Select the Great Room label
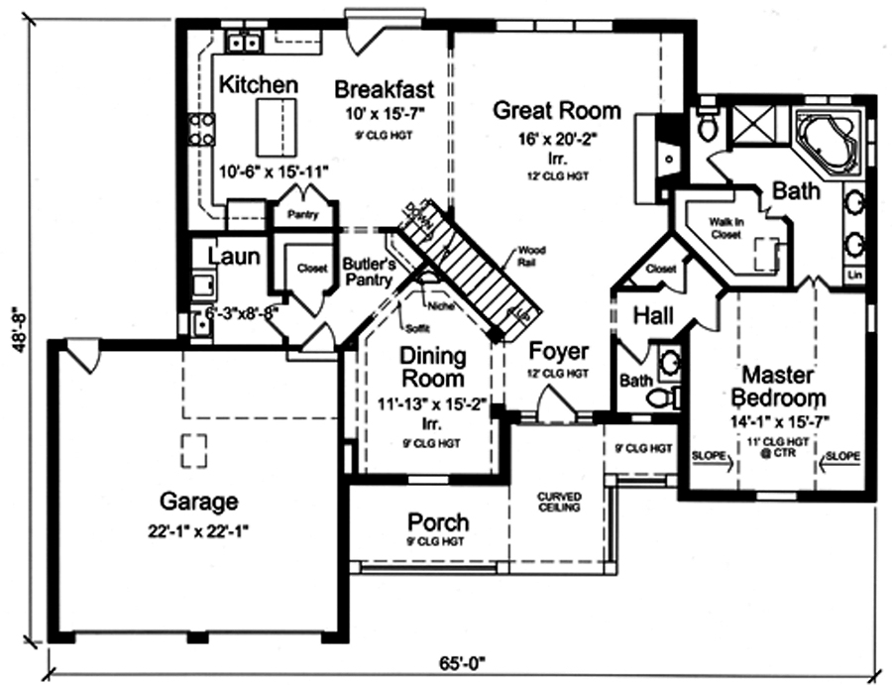click(x=557, y=109)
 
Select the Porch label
click(x=438, y=521)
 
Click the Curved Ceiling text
click(x=559, y=502)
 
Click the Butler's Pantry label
click(x=370, y=273)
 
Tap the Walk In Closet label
click(x=726, y=229)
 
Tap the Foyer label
click(x=559, y=352)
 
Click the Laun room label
click(x=235, y=257)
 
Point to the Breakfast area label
click(x=384, y=88)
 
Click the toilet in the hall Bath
click(x=661, y=397)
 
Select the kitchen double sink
click(x=244, y=42)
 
